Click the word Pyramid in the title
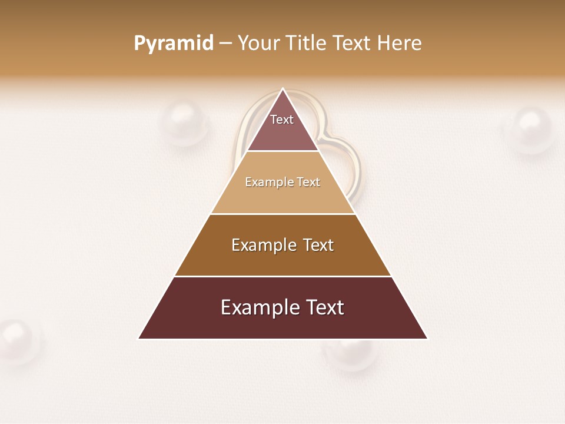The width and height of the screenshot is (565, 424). coord(173,44)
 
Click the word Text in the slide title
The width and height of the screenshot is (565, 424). coord(351,44)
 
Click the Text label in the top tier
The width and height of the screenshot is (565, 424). coord(282,120)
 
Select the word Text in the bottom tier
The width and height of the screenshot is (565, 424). coord(323,307)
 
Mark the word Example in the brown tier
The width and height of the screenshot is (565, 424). coord(259,245)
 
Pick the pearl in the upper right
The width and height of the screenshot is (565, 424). coord(531,129)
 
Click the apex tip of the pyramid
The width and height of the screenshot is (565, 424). coord(283,90)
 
